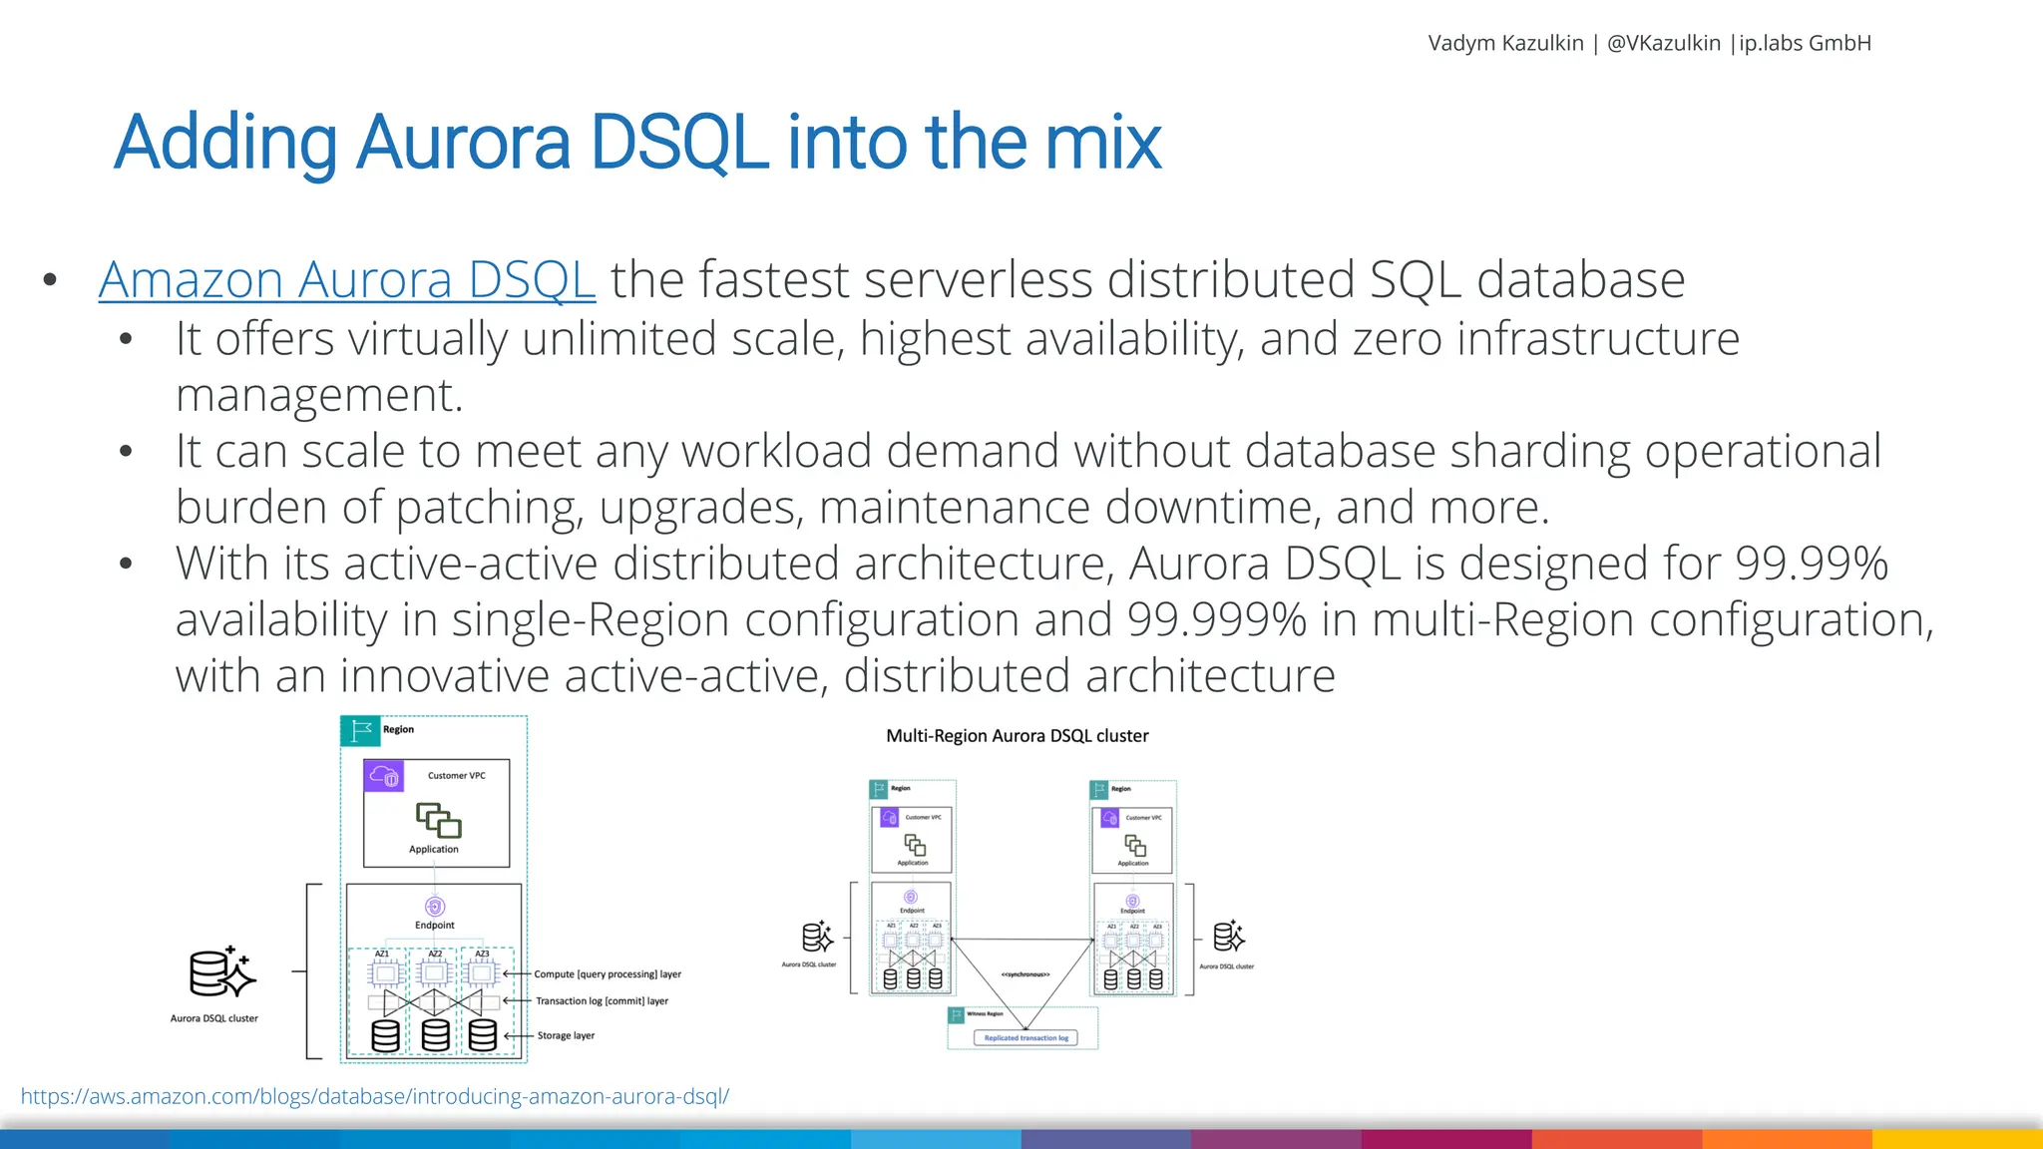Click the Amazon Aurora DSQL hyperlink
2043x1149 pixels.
click(347, 280)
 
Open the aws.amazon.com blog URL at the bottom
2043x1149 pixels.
click(375, 1096)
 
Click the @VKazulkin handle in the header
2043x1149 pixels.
click(1664, 43)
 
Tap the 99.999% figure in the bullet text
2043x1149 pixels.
click(1216, 619)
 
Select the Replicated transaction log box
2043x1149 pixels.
click(1025, 1038)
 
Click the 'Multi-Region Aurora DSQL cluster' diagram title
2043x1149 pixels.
click(1017, 736)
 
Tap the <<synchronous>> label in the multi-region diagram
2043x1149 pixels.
click(1024, 974)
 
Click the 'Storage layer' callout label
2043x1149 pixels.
click(566, 1035)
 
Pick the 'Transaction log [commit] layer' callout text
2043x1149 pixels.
click(602, 1001)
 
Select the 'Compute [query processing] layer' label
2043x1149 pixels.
click(608, 974)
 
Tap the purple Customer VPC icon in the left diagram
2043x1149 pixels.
click(384, 776)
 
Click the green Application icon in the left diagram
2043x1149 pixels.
click(438, 821)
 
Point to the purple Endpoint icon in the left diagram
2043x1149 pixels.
click(435, 907)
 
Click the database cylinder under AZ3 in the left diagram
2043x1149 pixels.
click(483, 1035)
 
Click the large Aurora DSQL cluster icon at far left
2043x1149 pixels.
click(221, 973)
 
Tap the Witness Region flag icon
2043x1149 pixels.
click(956, 1015)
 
